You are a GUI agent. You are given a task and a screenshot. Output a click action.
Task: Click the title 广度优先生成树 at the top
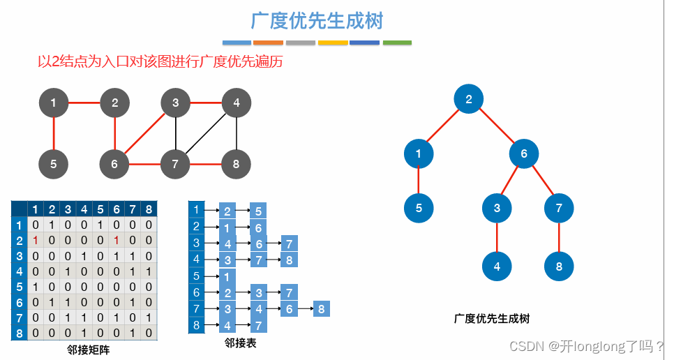tap(317, 21)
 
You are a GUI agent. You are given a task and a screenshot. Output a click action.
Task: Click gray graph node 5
tap(54, 165)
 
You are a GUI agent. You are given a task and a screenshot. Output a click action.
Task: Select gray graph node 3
tap(175, 103)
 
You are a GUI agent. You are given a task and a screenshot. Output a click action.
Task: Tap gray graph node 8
tap(237, 165)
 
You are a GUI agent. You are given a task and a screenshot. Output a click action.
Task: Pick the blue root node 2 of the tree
tap(469, 99)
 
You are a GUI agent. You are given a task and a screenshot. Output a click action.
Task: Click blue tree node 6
tap(524, 153)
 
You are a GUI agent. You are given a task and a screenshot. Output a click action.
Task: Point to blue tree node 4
tap(497, 266)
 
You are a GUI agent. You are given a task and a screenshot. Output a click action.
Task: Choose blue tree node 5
tap(419, 207)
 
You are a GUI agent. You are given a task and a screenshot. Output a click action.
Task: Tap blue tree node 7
tap(559, 207)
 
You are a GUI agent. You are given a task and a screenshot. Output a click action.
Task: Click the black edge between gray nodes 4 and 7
tap(206, 134)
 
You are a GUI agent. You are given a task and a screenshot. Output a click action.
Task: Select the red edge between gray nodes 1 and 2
tap(84, 103)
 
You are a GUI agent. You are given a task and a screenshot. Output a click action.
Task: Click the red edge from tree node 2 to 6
tap(497, 126)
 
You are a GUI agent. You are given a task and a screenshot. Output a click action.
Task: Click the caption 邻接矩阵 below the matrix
tap(89, 350)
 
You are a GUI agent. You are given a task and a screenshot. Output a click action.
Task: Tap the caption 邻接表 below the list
tap(240, 343)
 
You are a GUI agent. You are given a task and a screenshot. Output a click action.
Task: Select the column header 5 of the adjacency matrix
tap(100, 209)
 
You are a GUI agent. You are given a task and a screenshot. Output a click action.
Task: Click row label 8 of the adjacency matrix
tap(19, 333)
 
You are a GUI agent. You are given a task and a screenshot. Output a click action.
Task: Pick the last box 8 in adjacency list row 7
tap(321, 308)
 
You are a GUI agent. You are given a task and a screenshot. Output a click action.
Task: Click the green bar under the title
tap(397, 43)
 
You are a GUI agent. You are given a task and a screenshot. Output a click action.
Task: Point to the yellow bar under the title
tap(333, 43)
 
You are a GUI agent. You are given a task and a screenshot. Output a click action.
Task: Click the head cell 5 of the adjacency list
tap(196, 276)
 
